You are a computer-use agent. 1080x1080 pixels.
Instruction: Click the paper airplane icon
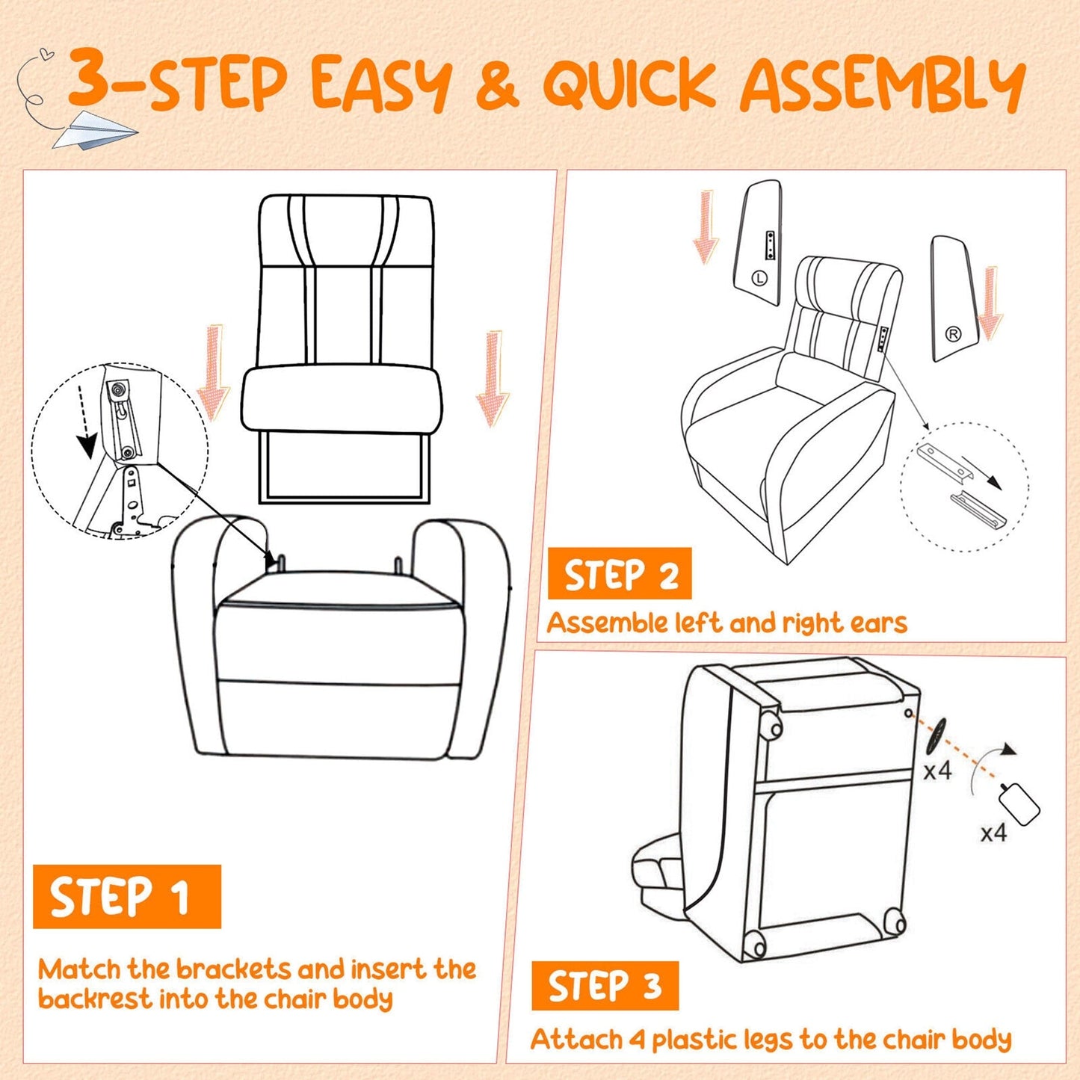pyautogui.click(x=94, y=129)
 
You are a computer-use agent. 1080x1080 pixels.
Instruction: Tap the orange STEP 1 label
pyautogui.click(x=126, y=896)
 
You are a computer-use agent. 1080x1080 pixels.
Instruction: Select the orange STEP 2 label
pyautogui.click(x=620, y=574)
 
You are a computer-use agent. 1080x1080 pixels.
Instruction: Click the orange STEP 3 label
pyautogui.click(x=605, y=986)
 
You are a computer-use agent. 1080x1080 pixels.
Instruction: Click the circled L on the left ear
pyautogui.click(x=759, y=278)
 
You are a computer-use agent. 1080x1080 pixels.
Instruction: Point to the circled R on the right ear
pyautogui.click(x=953, y=334)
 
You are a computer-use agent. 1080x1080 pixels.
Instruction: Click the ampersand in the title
pyautogui.click(x=496, y=84)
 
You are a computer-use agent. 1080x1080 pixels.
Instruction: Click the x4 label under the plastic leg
pyautogui.click(x=993, y=833)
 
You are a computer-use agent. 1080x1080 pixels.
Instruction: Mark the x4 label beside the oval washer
pyautogui.click(x=937, y=770)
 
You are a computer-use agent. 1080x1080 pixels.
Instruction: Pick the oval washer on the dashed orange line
pyautogui.click(x=936, y=735)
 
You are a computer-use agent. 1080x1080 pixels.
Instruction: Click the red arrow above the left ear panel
pyautogui.click(x=705, y=227)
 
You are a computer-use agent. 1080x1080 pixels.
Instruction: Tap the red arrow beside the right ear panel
pyautogui.click(x=991, y=303)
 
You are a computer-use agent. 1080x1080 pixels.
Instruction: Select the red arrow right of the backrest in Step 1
pyautogui.click(x=493, y=377)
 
